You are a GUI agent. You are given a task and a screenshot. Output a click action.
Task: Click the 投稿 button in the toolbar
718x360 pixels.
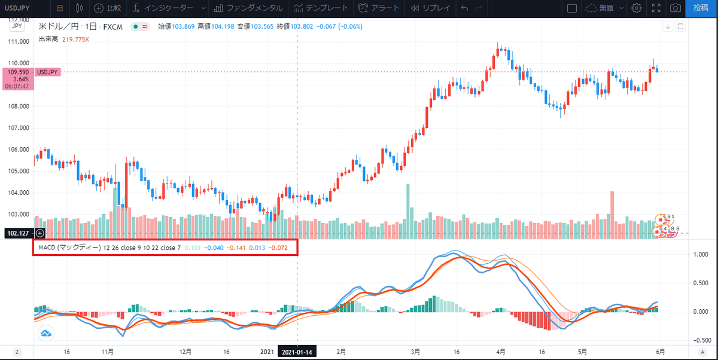coord(701,8)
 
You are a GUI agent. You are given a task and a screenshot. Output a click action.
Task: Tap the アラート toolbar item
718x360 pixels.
coord(378,8)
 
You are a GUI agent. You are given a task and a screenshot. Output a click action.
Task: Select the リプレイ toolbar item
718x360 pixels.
coord(431,8)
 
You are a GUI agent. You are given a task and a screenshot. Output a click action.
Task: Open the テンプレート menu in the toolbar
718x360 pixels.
coord(320,8)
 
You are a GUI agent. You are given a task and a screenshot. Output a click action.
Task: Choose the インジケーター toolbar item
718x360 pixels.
coord(165,8)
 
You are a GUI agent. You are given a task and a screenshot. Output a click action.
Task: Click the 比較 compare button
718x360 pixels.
coord(108,8)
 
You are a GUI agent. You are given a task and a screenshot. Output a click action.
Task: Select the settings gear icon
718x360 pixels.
coord(637,8)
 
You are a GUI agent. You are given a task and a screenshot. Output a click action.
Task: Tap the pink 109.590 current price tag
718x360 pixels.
coord(17,72)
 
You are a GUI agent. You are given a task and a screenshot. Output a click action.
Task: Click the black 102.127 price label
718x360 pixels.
coord(17,233)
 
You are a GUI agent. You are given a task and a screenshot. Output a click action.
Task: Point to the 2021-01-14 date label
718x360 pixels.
coord(298,352)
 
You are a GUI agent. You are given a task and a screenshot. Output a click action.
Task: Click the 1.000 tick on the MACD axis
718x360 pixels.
coord(700,254)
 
